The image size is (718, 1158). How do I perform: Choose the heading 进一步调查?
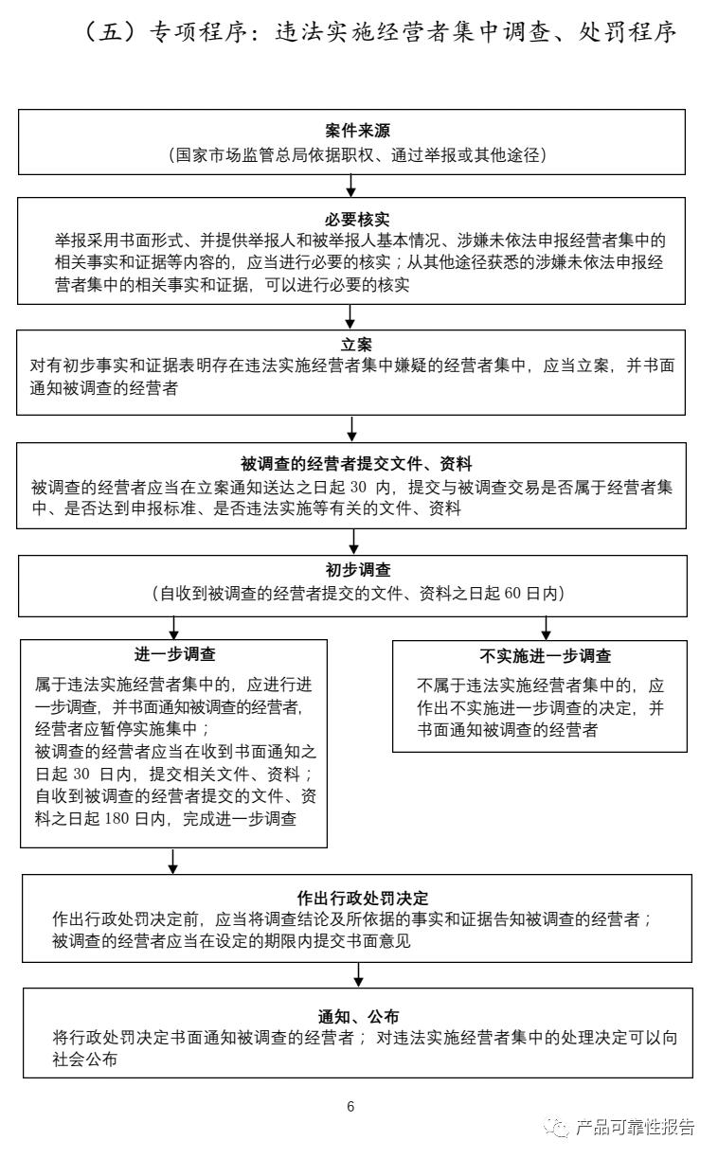pyautogui.click(x=174, y=654)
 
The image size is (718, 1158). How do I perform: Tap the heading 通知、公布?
pyautogui.click(x=358, y=1016)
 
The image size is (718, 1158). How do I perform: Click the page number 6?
pyautogui.click(x=350, y=1107)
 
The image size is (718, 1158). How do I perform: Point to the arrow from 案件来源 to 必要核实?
pyautogui.click(x=351, y=186)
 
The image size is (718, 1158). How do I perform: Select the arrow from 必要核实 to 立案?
pyautogui.click(x=351, y=316)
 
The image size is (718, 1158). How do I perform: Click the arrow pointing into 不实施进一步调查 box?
pyautogui.click(x=546, y=627)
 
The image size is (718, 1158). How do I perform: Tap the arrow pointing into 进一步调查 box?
pyautogui.click(x=173, y=627)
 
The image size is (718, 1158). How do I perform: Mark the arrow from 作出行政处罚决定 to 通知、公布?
pyautogui.click(x=359, y=974)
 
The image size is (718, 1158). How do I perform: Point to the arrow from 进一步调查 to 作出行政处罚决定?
pyautogui.click(x=172, y=860)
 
